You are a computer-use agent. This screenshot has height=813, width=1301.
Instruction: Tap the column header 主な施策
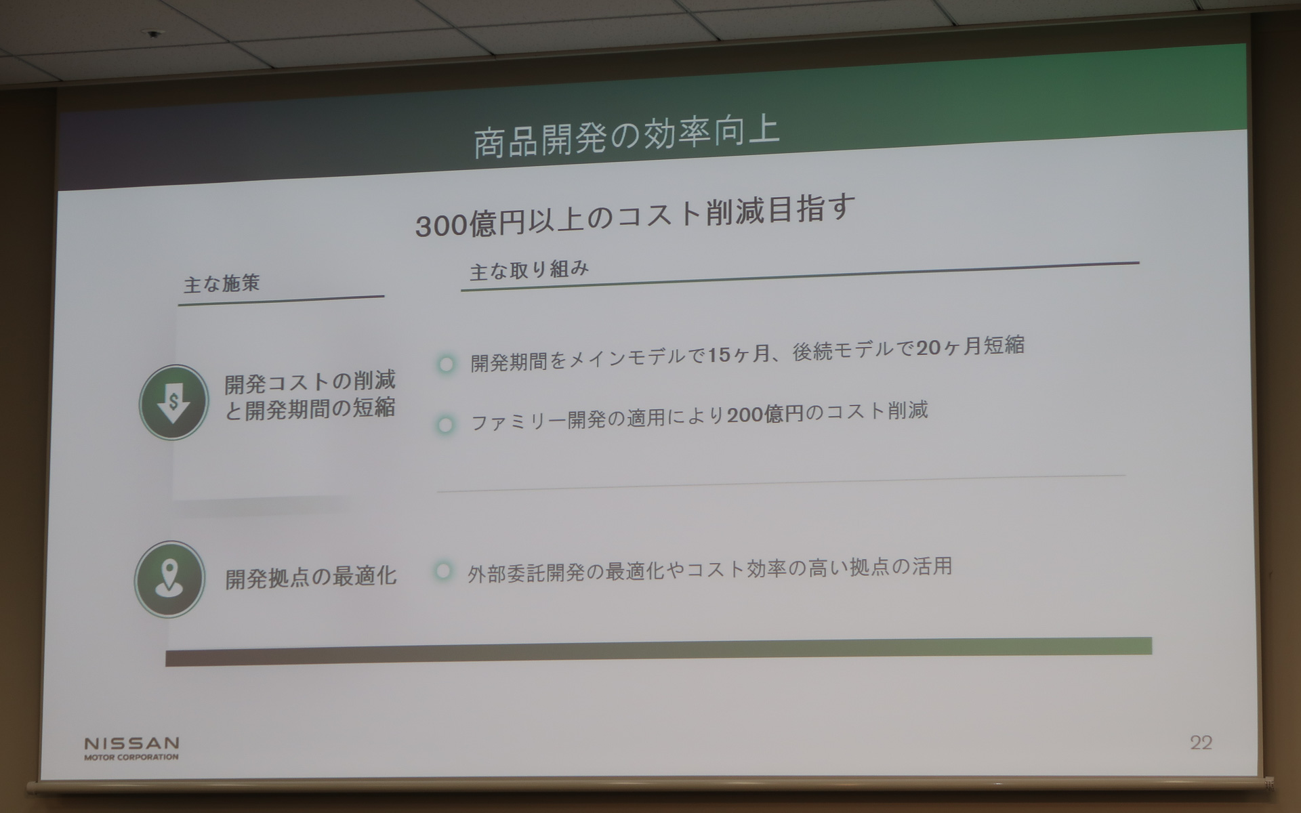tap(222, 283)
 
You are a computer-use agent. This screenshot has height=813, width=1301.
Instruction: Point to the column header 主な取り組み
tap(529, 271)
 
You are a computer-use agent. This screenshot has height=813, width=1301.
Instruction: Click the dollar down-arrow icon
tap(173, 402)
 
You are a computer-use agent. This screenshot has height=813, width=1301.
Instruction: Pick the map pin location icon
tap(169, 579)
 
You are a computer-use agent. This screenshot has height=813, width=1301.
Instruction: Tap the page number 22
tap(1201, 743)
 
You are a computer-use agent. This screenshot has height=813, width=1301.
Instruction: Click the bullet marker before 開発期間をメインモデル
tap(446, 364)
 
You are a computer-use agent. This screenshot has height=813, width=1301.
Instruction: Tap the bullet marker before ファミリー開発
tap(445, 425)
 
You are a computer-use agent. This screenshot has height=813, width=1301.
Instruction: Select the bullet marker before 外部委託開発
tap(443, 571)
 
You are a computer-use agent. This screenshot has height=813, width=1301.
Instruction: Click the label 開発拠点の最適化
tap(311, 577)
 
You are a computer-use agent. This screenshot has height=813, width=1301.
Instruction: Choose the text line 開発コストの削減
tap(310, 382)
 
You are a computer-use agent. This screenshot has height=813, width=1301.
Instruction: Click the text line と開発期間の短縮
tap(310, 409)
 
